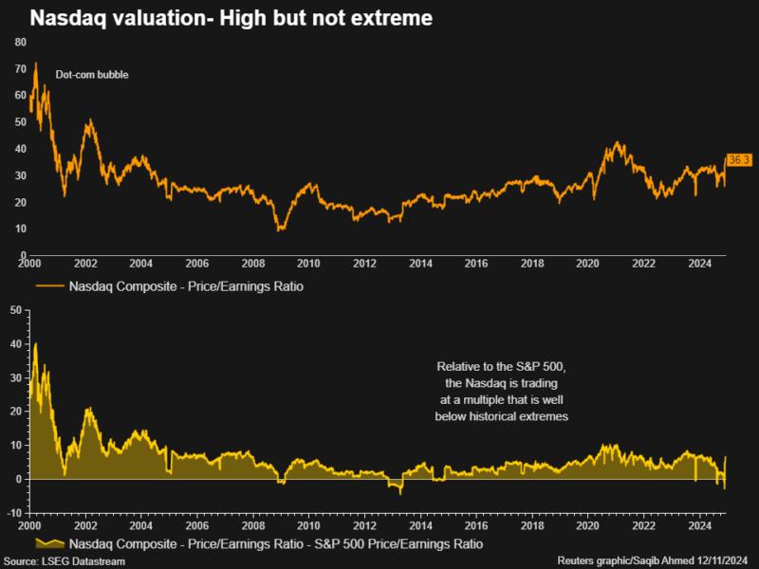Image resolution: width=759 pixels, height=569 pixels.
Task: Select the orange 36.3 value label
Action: pos(739,159)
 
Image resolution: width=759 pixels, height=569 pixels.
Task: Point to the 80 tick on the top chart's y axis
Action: pos(20,42)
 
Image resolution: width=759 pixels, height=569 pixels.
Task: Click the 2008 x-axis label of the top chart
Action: pos(251,263)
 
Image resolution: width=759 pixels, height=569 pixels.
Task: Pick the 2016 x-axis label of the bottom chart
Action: pos(475,524)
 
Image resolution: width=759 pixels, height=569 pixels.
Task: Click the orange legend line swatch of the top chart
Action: pos(49,284)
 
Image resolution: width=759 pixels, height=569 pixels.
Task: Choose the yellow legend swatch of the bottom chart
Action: pos(49,544)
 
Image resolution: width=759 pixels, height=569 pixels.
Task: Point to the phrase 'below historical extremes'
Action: pos(501,416)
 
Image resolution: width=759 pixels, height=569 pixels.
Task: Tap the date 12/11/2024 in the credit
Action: pos(723,561)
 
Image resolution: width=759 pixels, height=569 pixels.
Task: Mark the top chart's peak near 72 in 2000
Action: pos(36,64)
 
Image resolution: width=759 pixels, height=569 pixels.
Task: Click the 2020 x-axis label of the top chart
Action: pos(588,263)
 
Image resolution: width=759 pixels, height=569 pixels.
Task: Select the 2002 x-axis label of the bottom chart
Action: pos(84,524)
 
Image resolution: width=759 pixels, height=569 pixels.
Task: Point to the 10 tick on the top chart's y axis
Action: pos(20,229)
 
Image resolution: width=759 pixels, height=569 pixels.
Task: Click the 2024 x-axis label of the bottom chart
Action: pos(699,524)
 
